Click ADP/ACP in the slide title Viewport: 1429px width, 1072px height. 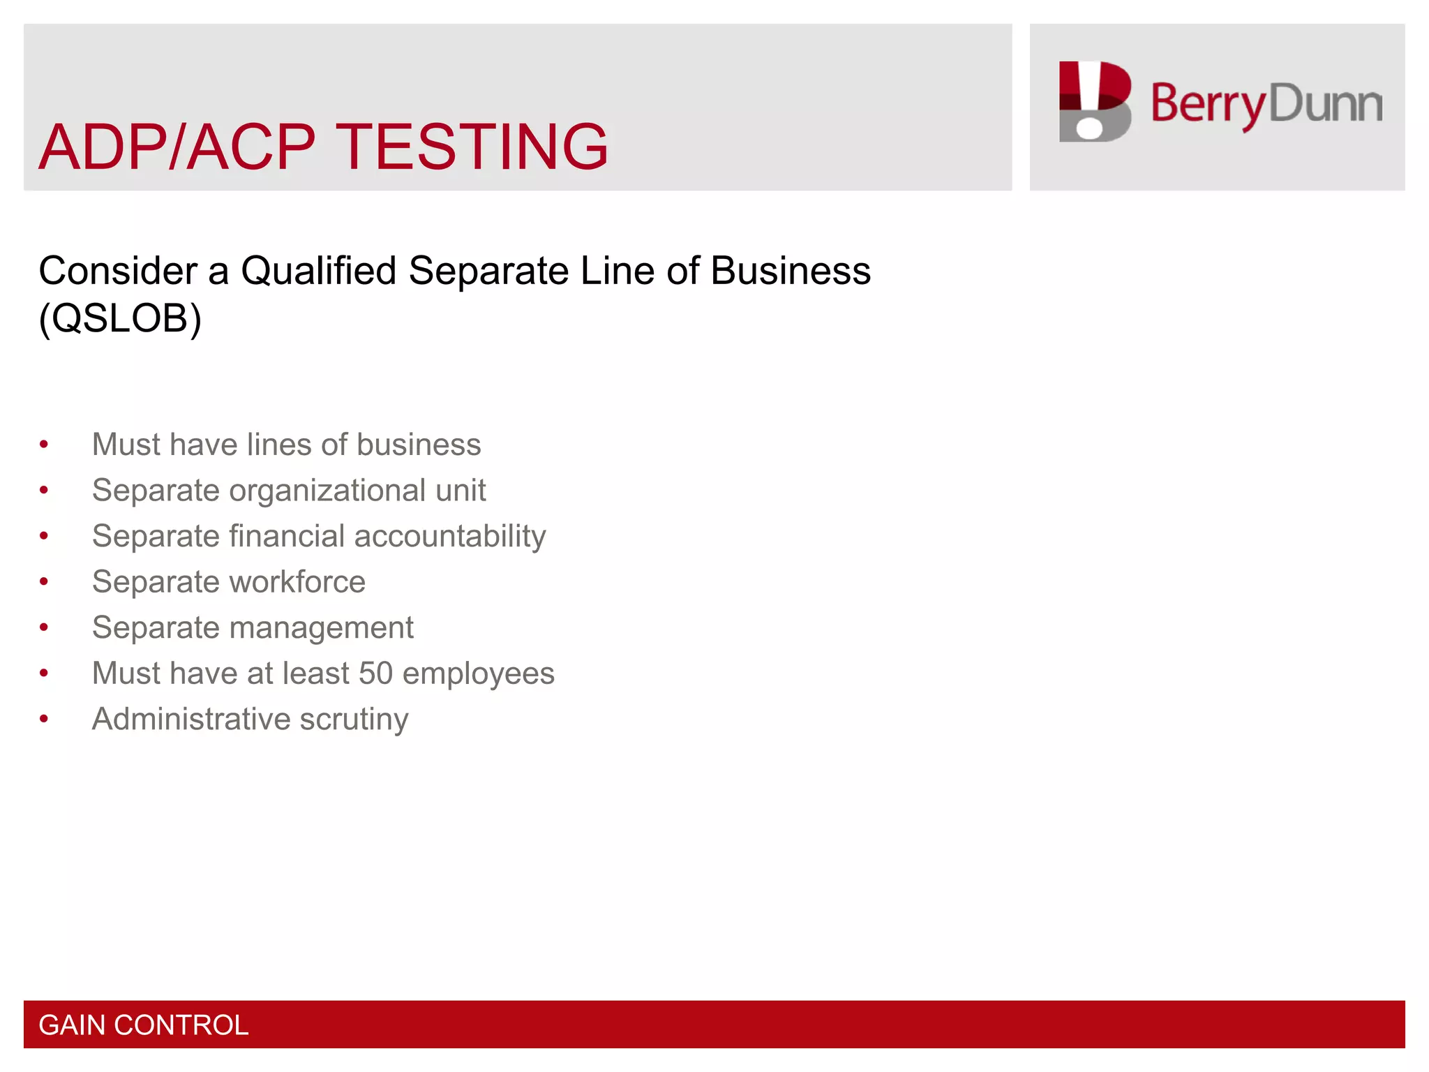[177, 147]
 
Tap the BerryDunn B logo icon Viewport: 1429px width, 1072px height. [1094, 102]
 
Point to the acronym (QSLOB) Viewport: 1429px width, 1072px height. [120, 318]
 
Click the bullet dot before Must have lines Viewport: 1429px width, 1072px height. [44, 445]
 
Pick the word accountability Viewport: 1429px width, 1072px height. [450, 537]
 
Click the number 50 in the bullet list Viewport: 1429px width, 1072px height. [375, 673]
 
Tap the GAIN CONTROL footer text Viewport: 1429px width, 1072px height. [143, 1025]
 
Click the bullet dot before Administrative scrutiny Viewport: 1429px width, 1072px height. [44, 719]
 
